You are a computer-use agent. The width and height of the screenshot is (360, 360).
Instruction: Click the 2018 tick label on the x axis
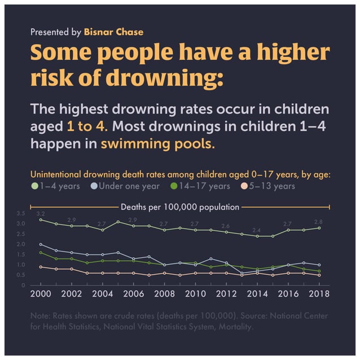pyautogui.click(x=318, y=295)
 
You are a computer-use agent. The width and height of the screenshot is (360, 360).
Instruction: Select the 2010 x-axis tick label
pyautogui.click(x=195, y=295)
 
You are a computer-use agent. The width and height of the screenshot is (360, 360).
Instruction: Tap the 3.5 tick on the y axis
pyautogui.click(x=21, y=213)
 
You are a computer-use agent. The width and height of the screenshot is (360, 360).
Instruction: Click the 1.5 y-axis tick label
pyautogui.click(x=21, y=254)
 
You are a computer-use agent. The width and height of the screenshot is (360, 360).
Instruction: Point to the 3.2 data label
pyautogui.click(x=40, y=214)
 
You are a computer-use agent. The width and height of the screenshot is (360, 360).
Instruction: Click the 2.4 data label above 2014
pyautogui.click(x=257, y=230)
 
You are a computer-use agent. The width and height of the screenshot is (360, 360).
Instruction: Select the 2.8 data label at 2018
pyautogui.click(x=318, y=222)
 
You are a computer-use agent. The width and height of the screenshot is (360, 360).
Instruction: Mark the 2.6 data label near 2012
pyautogui.click(x=226, y=226)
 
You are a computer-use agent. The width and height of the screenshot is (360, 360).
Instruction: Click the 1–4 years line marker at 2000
pyautogui.click(x=40, y=219)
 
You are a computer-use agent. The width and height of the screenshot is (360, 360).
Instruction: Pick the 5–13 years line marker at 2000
pyautogui.click(x=40, y=267)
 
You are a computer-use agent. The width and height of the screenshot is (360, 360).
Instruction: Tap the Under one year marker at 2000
pyautogui.click(x=40, y=244)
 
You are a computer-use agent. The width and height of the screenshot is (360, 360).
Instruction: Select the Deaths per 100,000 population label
pyautogui.click(x=180, y=207)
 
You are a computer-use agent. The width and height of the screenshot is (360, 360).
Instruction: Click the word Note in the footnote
pyautogui.click(x=40, y=316)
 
